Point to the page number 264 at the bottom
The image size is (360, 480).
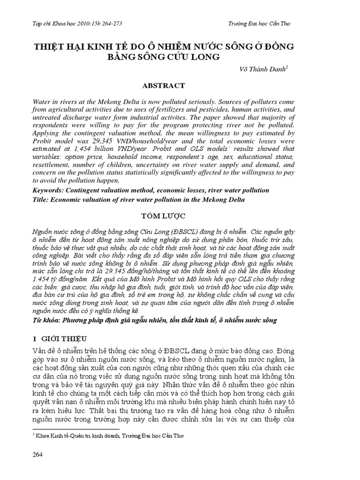tap(38, 455)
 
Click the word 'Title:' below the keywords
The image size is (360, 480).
tap(41, 199)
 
